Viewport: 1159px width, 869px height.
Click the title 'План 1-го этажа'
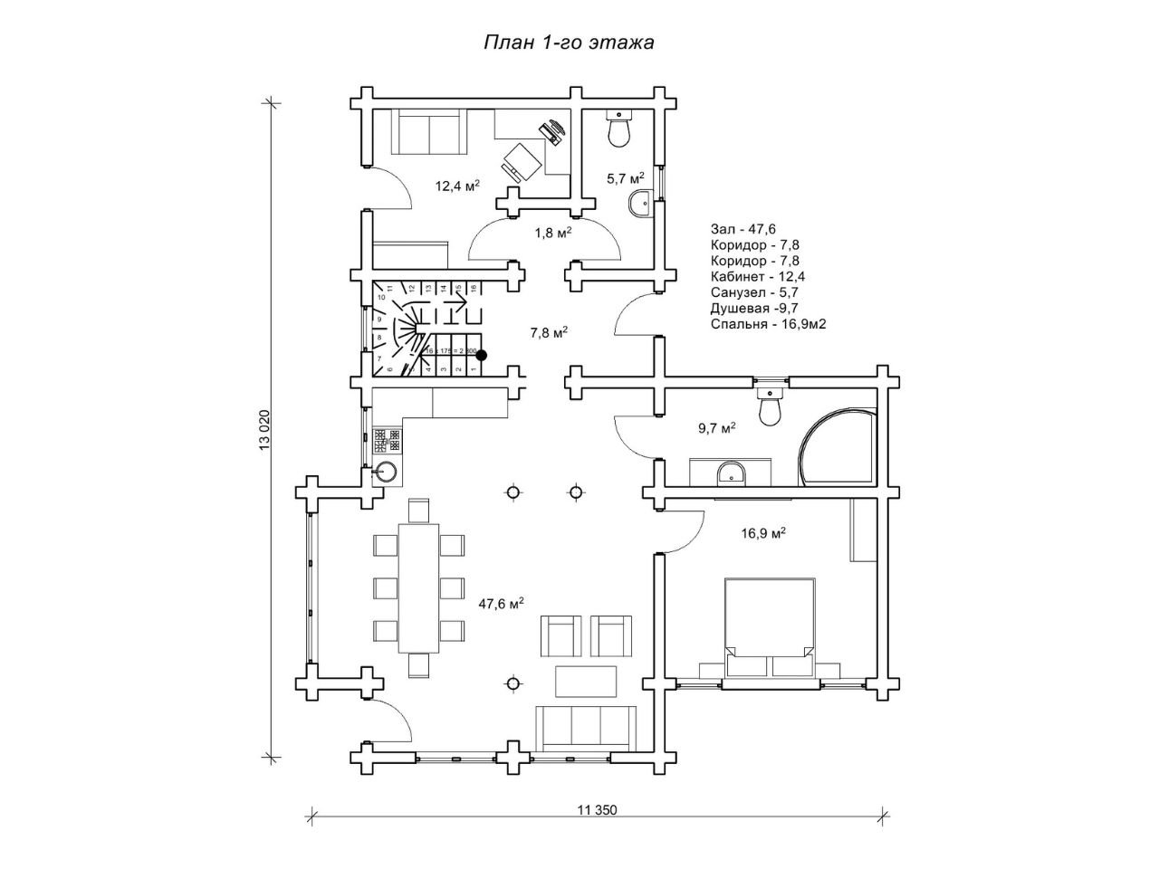[x=568, y=43]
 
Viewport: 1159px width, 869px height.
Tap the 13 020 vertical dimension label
[x=265, y=429]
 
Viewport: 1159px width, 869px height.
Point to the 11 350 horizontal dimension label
[x=596, y=810]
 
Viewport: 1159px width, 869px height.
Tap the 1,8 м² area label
[x=552, y=233]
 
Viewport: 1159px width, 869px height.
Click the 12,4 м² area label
[x=457, y=186]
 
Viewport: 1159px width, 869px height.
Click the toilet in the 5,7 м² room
[x=619, y=130]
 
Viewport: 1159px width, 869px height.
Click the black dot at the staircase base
[x=483, y=356]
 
